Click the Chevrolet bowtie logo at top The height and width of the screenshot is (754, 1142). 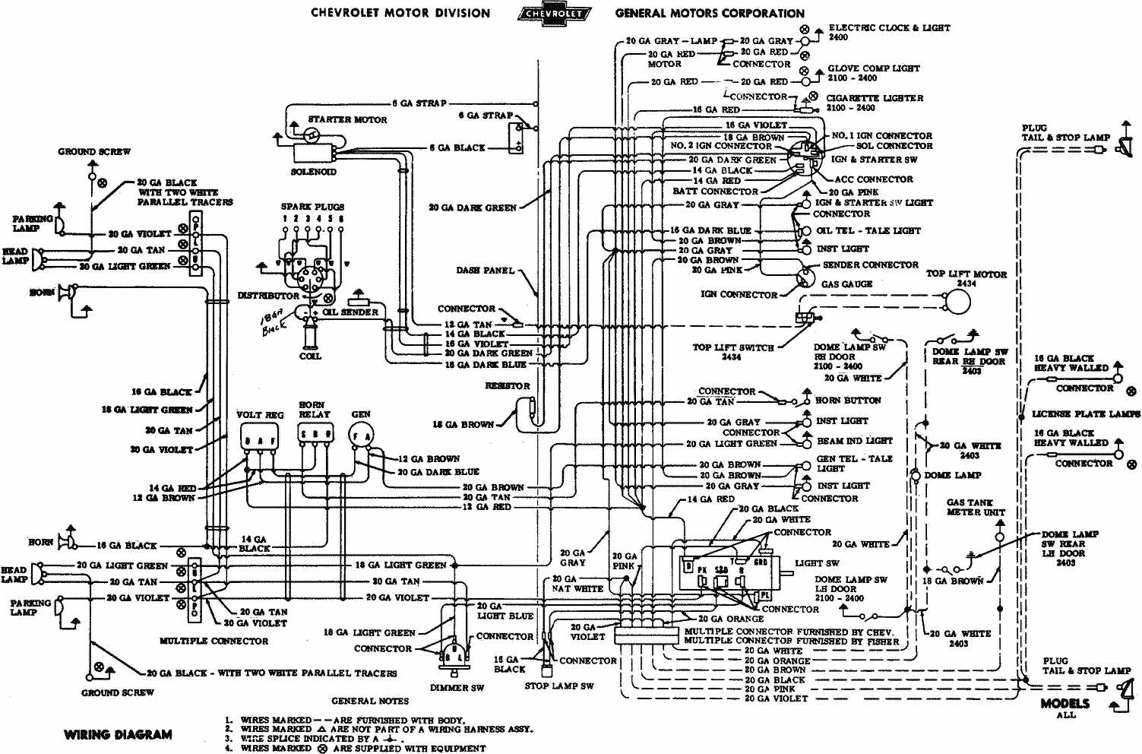point(552,14)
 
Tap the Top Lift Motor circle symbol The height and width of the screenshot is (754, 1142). point(959,302)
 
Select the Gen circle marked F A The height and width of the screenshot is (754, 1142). point(360,436)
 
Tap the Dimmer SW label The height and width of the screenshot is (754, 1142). point(462,688)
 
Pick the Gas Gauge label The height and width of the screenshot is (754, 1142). point(846,284)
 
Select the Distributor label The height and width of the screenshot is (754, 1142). point(268,296)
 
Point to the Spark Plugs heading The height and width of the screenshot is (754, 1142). point(312,207)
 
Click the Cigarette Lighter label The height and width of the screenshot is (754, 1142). point(875,98)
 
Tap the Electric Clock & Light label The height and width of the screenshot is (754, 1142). point(889,27)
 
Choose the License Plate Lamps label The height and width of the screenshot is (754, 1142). point(1086,414)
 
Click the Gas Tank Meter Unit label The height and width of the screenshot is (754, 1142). point(975,508)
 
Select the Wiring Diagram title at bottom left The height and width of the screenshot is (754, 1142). point(118,734)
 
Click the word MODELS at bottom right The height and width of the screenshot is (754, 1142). point(1064,704)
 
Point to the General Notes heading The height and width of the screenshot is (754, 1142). point(370,701)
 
